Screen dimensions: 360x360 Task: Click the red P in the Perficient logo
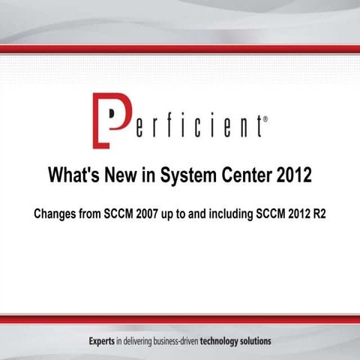pos(105,119)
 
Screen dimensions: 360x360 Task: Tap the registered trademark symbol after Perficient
pos(260,118)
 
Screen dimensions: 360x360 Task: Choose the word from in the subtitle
pos(94,213)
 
